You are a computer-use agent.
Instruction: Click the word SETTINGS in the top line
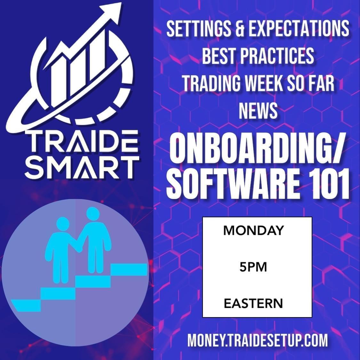(199, 29)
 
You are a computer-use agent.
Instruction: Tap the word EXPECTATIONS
(299, 29)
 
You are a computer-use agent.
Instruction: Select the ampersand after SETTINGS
(240, 29)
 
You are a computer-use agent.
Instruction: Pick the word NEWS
(258, 111)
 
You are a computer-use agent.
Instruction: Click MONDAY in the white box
(254, 230)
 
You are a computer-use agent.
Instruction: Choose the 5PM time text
(253, 267)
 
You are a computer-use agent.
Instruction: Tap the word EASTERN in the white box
(253, 303)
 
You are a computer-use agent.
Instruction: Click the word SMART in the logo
(82, 168)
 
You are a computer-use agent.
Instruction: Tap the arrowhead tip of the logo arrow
(121, 3)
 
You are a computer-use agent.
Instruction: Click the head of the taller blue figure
(93, 214)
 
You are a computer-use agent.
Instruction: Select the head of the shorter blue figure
(63, 224)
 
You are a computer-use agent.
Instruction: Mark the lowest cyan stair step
(26, 305)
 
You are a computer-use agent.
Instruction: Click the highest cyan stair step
(129, 269)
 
